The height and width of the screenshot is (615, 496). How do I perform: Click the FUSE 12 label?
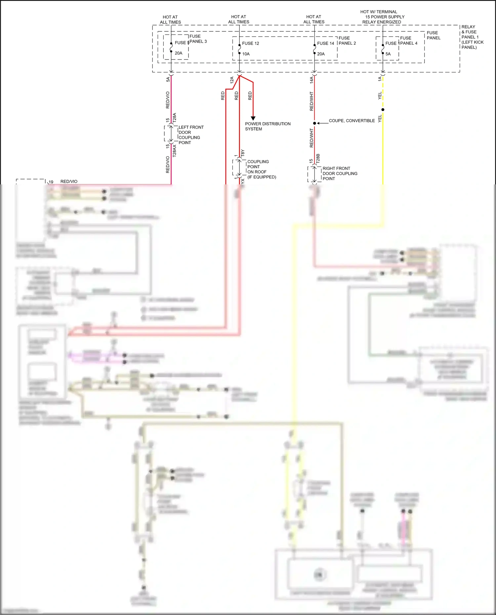point(250,43)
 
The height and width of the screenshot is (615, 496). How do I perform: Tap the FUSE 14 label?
point(325,43)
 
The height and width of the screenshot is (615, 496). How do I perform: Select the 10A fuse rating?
point(246,54)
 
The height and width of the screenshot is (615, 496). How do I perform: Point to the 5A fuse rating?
point(388,54)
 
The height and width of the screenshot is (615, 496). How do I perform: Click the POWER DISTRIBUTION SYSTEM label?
point(268,126)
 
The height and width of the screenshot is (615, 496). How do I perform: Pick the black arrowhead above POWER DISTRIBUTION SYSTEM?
point(253,118)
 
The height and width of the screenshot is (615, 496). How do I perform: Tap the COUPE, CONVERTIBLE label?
point(351,121)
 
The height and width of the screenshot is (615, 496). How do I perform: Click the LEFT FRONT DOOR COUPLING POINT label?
point(191,135)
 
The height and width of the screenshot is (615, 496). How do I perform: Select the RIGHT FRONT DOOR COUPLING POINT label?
point(340,173)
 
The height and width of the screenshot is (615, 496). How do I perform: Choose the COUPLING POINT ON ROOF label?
point(261,169)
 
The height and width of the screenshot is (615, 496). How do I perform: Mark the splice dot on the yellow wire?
point(383,109)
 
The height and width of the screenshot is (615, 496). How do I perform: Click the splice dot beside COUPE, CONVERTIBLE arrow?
point(314,123)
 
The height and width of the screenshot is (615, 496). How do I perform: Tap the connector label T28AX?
point(175,151)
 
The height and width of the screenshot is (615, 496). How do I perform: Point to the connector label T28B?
point(318,159)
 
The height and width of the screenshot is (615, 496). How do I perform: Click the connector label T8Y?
point(243,153)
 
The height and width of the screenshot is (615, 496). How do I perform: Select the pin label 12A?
point(232,80)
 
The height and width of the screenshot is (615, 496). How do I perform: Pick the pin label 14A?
point(311,80)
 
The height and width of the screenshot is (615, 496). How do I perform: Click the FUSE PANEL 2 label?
point(347,41)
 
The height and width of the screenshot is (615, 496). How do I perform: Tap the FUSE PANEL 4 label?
point(409,41)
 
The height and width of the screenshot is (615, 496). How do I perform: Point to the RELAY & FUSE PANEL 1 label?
point(472,37)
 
